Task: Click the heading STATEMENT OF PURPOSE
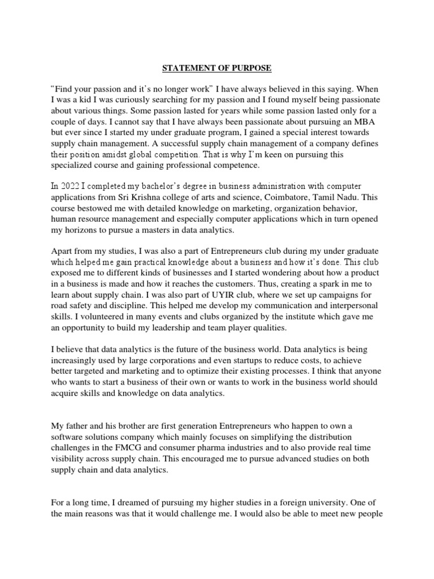tap(217, 68)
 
